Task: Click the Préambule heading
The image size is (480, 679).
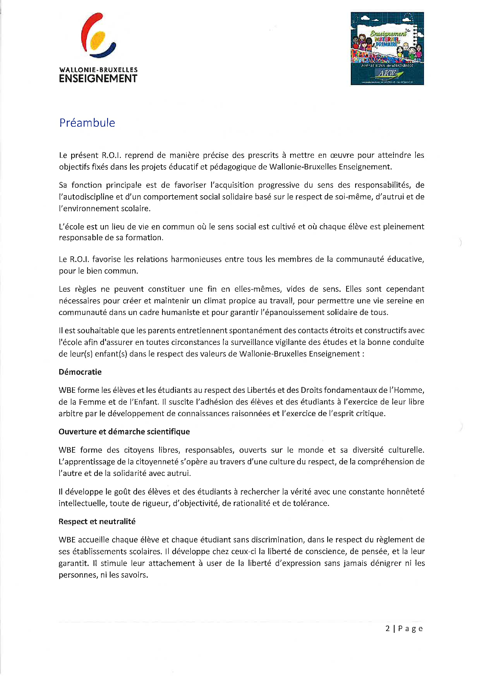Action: coord(87,123)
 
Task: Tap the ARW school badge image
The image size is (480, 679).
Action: coord(387,49)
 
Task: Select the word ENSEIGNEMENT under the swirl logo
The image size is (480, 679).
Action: coord(98,79)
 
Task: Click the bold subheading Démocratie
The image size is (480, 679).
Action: coord(80,372)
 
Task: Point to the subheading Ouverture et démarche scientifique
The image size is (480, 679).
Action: coord(124,432)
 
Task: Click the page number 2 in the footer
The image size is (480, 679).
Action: coord(388,628)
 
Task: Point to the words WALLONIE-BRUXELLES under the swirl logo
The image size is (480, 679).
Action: coord(98,70)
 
